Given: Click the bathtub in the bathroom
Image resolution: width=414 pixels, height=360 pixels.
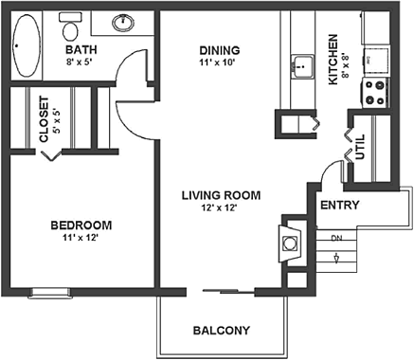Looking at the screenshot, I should pyautogui.click(x=28, y=46).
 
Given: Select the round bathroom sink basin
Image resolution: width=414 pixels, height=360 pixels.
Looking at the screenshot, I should pyautogui.click(x=123, y=21).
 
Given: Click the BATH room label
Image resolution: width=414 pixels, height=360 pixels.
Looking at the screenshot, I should pyautogui.click(x=80, y=49).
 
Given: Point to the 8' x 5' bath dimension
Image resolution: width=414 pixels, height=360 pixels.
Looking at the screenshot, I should pyautogui.click(x=80, y=63).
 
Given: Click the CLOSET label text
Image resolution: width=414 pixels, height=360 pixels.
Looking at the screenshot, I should pyautogui.click(x=45, y=118).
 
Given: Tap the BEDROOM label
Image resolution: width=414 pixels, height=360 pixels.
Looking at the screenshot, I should pyautogui.click(x=81, y=225).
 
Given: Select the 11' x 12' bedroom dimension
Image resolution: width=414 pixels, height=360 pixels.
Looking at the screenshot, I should pyautogui.click(x=81, y=238).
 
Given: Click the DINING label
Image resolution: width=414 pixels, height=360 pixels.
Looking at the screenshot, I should pyautogui.click(x=219, y=50).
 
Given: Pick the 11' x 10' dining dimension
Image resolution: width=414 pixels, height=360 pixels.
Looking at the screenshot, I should pyautogui.click(x=219, y=63).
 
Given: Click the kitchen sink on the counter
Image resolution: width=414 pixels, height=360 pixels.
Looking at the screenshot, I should pyautogui.click(x=301, y=65).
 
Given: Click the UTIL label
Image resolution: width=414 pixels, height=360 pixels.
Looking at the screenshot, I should pyautogui.click(x=360, y=146).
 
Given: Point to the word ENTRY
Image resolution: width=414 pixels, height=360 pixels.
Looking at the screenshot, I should pyautogui.click(x=339, y=205).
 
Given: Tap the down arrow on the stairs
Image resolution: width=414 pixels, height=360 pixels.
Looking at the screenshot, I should pyautogui.click(x=337, y=255).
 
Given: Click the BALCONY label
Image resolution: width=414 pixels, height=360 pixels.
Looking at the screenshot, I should pyautogui.click(x=221, y=331).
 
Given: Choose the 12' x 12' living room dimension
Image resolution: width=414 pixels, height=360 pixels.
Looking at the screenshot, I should pyautogui.click(x=221, y=208).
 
